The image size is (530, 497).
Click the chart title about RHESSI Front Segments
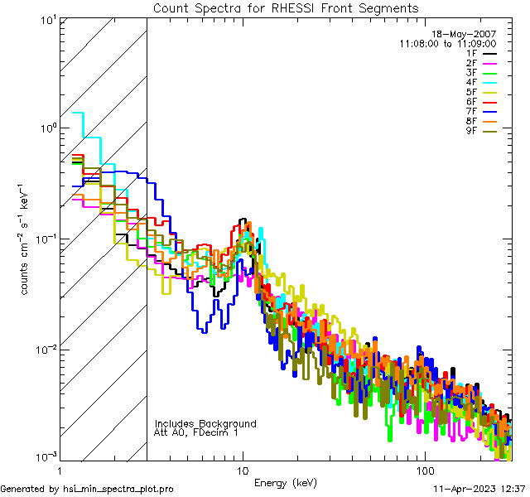286,8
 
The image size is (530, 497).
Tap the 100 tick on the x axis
424,470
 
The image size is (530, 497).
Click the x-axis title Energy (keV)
286,482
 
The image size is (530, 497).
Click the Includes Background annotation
205,423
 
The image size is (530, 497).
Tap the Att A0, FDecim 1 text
196,432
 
